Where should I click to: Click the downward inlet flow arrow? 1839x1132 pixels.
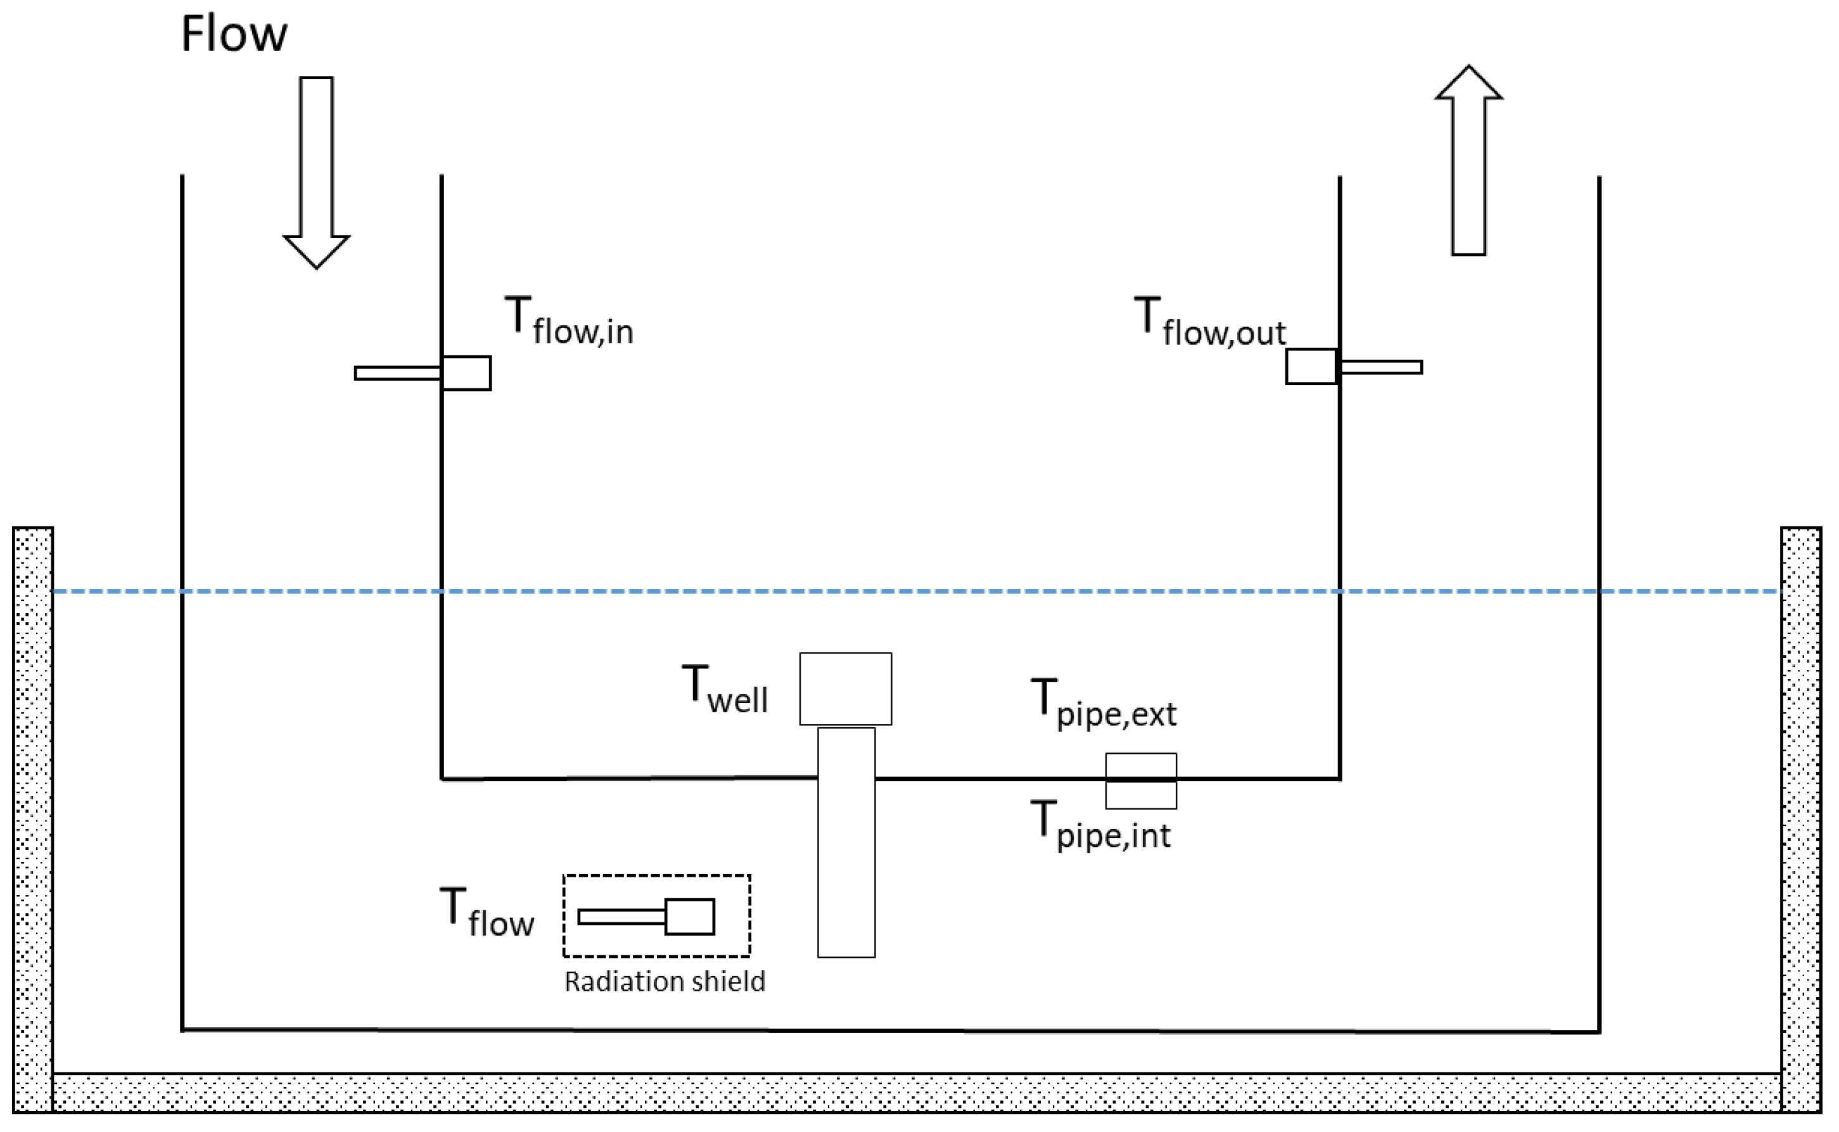coord(317,172)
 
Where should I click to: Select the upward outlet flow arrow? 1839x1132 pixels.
coord(1468,161)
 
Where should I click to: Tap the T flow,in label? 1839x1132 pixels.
coord(569,322)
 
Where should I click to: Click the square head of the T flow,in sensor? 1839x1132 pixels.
coord(466,373)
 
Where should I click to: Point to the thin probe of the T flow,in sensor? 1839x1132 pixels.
coord(397,373)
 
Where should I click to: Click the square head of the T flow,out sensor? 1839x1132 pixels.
coord(1311,367)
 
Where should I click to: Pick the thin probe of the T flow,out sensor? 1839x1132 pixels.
coord(1381,367)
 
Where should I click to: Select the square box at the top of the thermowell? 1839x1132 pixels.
coord(845,689)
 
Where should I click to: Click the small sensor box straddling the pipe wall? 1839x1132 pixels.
coord(1141,781)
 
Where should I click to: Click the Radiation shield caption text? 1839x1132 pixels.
coord(665,981)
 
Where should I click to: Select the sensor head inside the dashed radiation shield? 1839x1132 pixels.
coord(689,917)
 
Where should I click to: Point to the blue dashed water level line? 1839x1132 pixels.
coord(898,592)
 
